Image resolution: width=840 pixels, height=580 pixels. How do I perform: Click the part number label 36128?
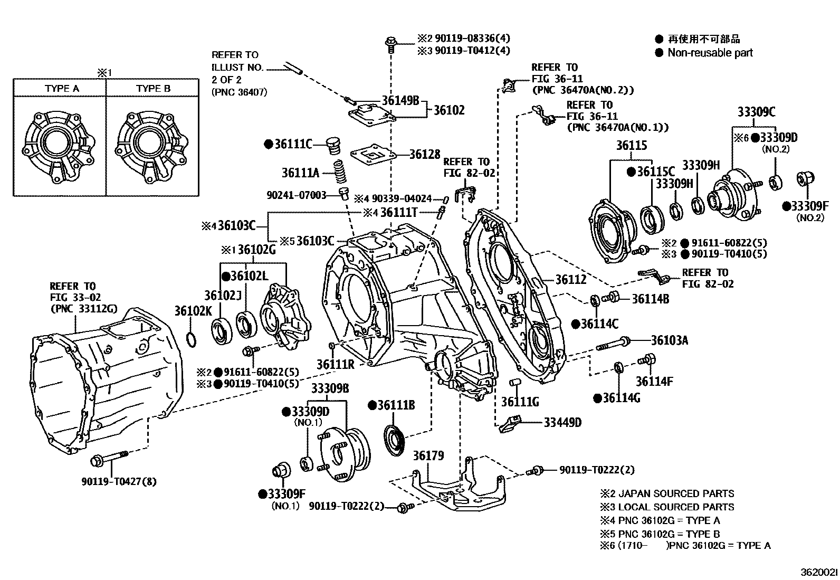tap(425, 154)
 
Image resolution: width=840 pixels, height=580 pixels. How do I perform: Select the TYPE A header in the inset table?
tap(62, 89)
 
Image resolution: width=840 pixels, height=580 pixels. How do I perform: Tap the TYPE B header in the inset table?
tap(153, 89)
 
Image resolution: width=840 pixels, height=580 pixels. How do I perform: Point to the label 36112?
tap(571, 280)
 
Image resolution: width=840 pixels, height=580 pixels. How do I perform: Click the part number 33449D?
tap(562, 422)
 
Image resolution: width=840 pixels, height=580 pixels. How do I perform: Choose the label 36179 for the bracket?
tap(428, 455)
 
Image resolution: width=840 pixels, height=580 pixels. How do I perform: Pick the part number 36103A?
tap(670, 340)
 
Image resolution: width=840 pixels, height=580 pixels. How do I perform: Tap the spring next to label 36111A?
tap(339, 172)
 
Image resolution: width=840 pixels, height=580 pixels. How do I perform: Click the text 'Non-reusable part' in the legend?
tap(710, 53)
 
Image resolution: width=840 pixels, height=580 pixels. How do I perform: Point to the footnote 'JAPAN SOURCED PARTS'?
tap(676, 493)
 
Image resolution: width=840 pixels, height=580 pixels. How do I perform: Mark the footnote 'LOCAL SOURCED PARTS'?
tap(676, 507)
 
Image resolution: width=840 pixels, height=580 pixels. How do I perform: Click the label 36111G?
tap(520, 402)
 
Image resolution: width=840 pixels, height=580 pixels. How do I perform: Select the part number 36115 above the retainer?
tap(632, 145)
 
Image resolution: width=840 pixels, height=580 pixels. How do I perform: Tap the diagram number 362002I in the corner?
tap(819, 573)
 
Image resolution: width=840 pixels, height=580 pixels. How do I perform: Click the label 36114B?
tap(651, 299)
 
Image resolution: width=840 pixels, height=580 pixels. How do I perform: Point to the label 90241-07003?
tap(296, 195)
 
